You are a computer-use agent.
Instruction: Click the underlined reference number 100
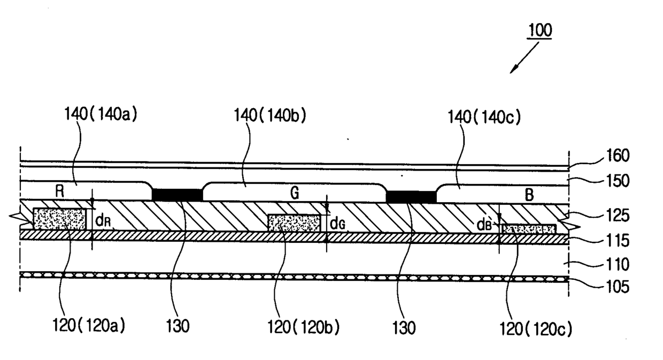pos(540,30)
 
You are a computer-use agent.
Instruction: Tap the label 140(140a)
pos(101,114)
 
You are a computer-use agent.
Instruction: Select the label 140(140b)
pos(270,115)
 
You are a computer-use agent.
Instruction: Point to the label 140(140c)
pos(484,117)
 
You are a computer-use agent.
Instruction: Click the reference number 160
pos(618,156)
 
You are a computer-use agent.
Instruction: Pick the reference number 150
pos(618,181)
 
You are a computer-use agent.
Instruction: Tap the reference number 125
pos(618,216)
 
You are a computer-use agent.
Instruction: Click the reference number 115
pos(618,240)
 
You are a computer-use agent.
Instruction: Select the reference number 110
pos(618,264)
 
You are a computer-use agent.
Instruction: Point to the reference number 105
pos(618,287)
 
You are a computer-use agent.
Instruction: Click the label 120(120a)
pos(89,325)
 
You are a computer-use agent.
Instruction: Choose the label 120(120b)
pos(303,327)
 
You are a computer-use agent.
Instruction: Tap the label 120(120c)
pos(536,329)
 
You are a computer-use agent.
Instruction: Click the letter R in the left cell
pos(59,192)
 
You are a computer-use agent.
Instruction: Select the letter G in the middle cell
pos(295,193)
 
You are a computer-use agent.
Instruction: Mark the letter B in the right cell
pos(529,195)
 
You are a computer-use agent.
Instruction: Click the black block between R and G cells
pos(178,195)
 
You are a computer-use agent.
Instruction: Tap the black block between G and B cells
pos(411,197)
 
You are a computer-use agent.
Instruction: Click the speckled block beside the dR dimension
pos(60,219)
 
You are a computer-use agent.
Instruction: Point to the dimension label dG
pos(337,224)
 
